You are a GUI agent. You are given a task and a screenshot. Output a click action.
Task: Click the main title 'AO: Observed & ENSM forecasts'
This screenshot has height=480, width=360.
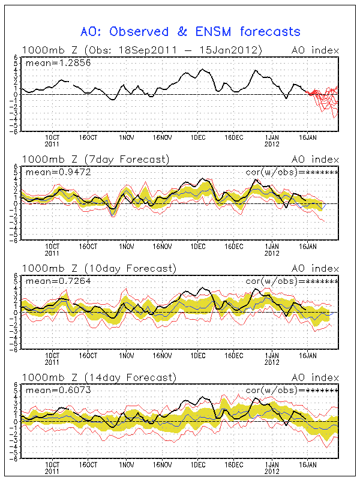190,31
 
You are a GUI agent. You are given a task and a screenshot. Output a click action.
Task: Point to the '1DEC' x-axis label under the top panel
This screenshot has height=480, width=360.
198,137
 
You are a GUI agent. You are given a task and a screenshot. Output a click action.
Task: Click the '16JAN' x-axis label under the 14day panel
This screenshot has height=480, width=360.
308,465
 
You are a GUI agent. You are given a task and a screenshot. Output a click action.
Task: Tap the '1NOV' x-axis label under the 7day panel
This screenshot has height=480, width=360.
126,247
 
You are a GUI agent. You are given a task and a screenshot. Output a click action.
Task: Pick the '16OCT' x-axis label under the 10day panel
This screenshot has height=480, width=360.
90,356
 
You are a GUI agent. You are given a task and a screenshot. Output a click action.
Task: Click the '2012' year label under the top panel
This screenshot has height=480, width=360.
273,145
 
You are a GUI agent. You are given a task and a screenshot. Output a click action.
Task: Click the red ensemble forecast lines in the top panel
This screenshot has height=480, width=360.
327,99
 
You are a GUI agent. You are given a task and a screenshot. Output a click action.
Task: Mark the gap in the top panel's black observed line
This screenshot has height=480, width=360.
71,82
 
